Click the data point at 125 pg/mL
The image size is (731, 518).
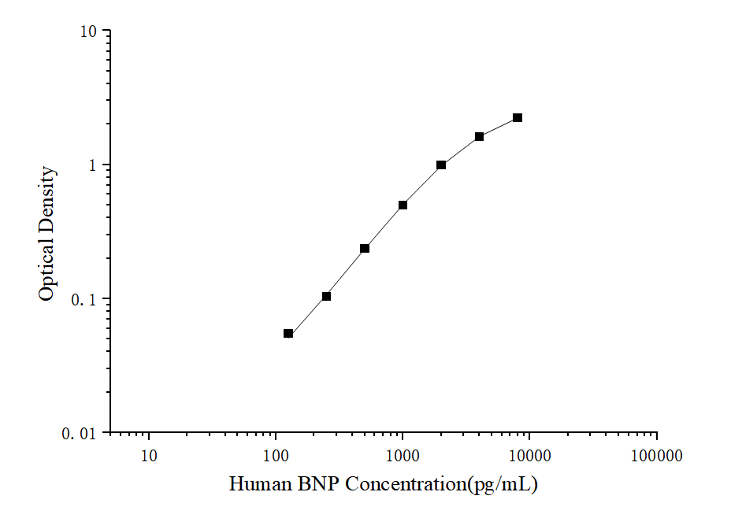288,334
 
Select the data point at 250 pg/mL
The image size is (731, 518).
326,297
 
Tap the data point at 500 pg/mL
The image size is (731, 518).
365,249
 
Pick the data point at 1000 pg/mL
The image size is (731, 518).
403,205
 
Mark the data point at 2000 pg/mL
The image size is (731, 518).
441,165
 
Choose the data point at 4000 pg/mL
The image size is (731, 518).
479,137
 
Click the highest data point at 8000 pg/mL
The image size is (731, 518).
518,118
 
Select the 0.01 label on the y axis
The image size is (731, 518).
80,434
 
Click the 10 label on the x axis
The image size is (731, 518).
149,455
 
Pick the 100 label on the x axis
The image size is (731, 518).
276,455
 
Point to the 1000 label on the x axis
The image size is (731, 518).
403,455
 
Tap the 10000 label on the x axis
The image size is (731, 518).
529,455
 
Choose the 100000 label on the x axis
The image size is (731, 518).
656,455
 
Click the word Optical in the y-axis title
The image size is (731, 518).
47,272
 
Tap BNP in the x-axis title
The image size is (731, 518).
317,484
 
